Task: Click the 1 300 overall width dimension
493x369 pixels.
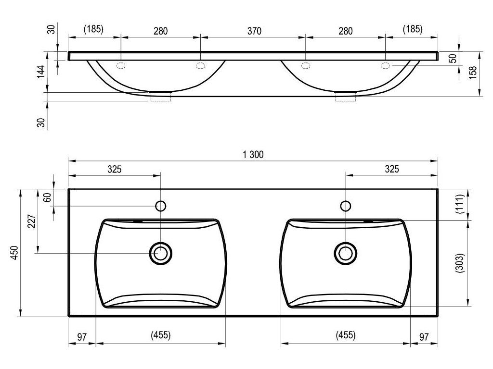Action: click(253, 155)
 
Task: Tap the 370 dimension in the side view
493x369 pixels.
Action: click(254, 31)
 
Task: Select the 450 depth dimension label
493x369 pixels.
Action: click(15, 253)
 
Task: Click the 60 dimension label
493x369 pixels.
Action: click(47, 197)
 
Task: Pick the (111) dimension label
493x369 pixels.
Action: click(460, 204)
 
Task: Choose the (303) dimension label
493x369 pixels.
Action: click(460, 263)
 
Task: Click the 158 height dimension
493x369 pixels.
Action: click(473, 73)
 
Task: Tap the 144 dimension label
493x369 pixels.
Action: click(41, 72)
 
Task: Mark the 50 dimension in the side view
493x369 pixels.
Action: click(453, 58)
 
